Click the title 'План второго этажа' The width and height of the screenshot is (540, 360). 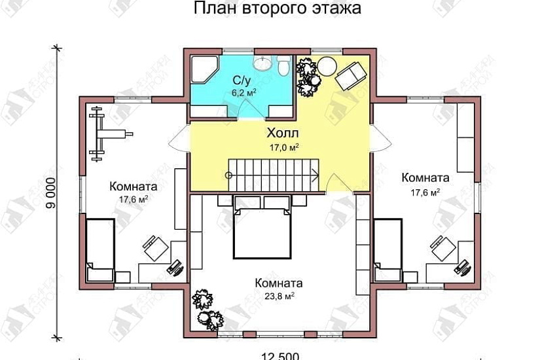pyautogui.click(x=277, y=10)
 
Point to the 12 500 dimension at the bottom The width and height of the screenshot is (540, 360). pyautogui.click(x=280, y=355)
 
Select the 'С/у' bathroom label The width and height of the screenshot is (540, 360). pyautogui.click(x=242, y=80)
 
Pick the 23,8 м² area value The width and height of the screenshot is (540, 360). pyautogui.click(x=279, y=295)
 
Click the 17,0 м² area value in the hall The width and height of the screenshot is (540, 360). pyautogui.click(x=283, y=147)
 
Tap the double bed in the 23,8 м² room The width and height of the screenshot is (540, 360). pyautogui.click(x=262, y=232)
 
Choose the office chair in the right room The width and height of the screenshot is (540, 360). pyautogui.click(x=441, y=248)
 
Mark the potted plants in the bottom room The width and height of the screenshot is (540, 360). pyautogui.click(x=208, y=312)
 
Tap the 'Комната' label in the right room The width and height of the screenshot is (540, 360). pyautogui.click(x=425, y=178)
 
